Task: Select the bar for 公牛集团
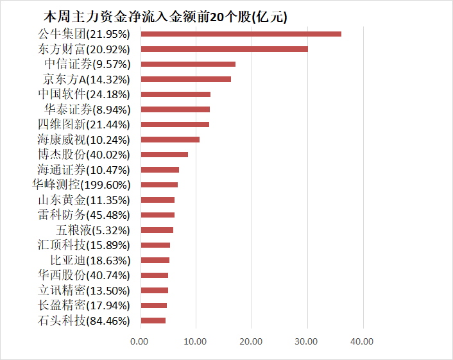[x=241, y=34]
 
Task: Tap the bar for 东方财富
[x=224, y=49]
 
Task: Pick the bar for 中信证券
[x=188, y=64]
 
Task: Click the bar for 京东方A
[x=185, y=79]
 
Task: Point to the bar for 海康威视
[x=170, y=139]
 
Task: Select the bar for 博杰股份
[x=164, y=155]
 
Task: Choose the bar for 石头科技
[x=153, y=320]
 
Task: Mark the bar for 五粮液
[x=157, y=230]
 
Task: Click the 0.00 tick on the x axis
[x=139, y=341]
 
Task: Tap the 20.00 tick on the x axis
[x=252, y=341]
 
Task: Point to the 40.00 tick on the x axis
[x=363, y=341]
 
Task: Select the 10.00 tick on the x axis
[x=196, y=341]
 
